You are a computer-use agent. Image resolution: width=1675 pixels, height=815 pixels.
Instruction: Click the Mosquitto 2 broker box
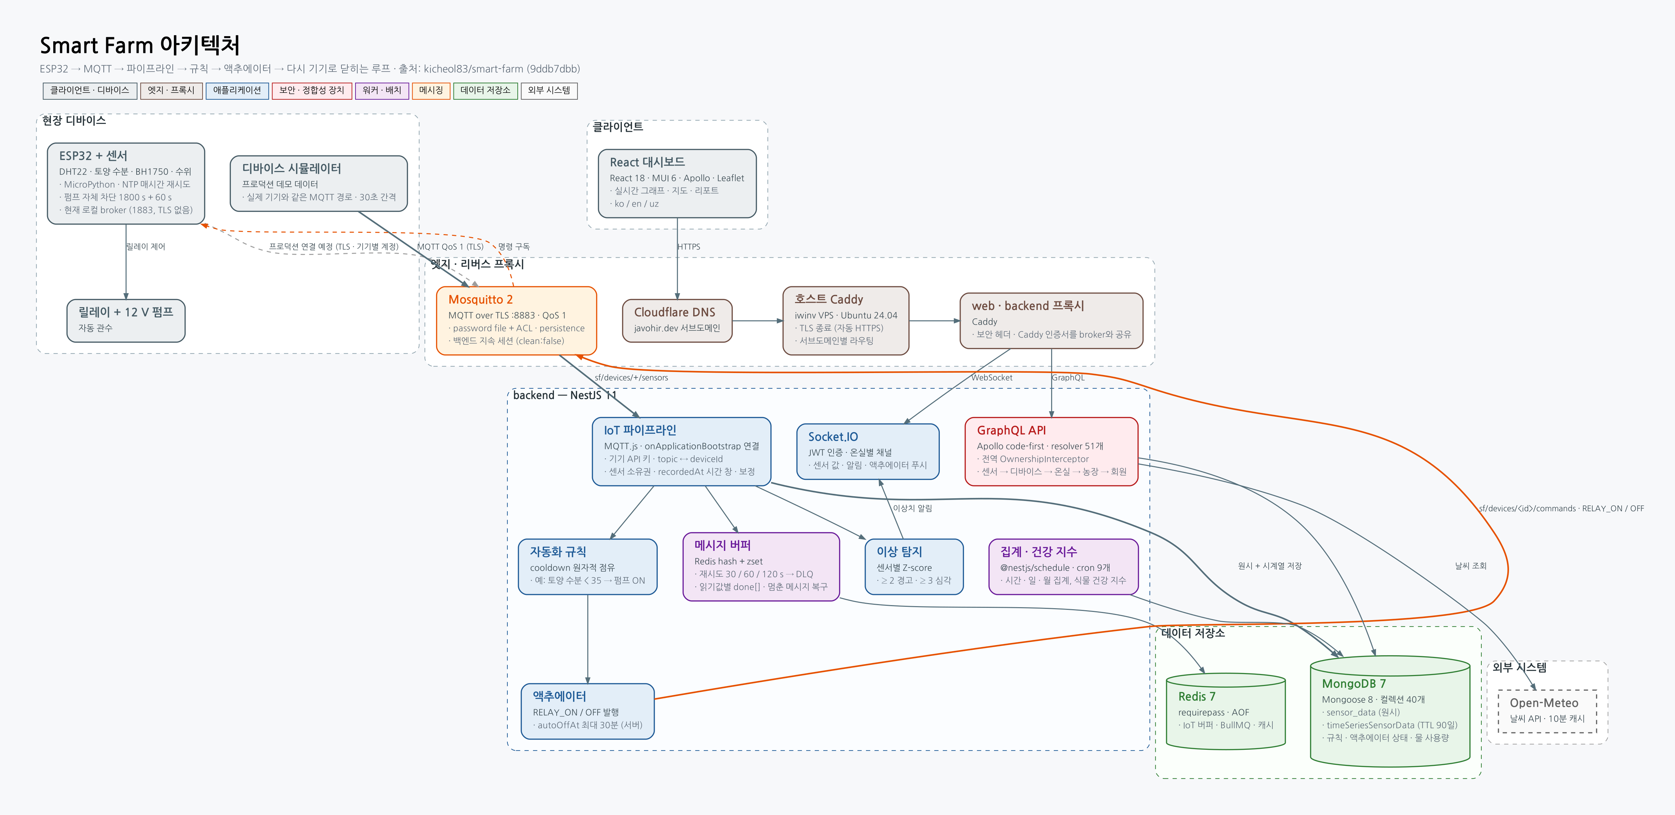point(516,320)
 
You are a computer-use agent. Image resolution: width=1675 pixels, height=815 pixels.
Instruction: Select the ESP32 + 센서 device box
point(126,183)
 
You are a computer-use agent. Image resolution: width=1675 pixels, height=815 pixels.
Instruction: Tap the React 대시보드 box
point(677,183)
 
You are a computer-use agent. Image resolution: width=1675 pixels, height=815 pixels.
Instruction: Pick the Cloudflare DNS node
point(677,320)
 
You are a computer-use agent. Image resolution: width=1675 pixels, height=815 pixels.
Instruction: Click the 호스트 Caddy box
point(845,320)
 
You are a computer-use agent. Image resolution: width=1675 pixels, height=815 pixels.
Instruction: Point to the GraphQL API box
point(1051,451)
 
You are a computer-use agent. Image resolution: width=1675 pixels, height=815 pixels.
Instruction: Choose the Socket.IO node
point(867,451)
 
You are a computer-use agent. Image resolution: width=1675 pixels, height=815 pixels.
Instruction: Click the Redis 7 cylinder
point(1226,711)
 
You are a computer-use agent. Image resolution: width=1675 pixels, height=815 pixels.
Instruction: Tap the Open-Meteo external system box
point(1547,711)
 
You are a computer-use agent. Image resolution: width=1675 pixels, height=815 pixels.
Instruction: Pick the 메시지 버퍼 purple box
point(761,567)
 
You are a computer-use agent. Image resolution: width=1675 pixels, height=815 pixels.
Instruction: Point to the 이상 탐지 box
point(913,567)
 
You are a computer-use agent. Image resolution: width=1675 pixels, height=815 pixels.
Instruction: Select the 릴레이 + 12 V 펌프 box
point(126,320)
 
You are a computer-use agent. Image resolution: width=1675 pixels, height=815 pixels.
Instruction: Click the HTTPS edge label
point(688,247)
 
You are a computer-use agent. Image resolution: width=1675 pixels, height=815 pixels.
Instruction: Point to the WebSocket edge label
point(992,377)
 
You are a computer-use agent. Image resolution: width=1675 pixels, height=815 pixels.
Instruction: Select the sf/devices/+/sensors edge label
point(631,377)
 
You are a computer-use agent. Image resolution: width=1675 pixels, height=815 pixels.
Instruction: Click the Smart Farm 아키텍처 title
point(140,45)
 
